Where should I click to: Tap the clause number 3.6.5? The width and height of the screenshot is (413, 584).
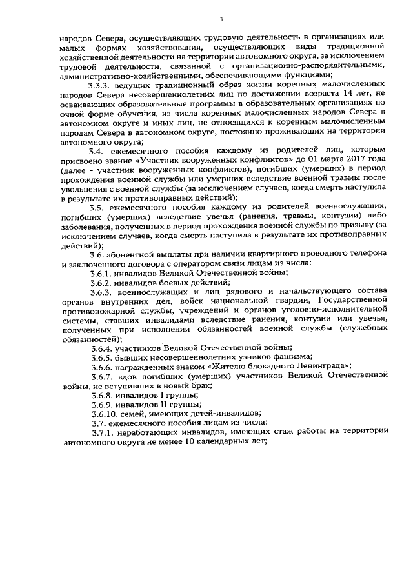(x=103, y=357)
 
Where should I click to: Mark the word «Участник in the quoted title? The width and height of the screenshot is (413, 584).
(x=169, y=159)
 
